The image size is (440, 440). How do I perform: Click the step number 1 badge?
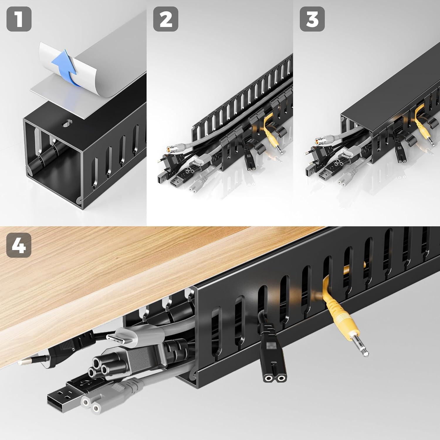(x=19, y=19)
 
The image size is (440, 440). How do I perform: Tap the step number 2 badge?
(x=165, y=19)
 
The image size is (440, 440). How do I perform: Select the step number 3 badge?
(x=312, y=19)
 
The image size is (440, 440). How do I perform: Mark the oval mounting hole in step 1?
(x=67, y=123)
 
